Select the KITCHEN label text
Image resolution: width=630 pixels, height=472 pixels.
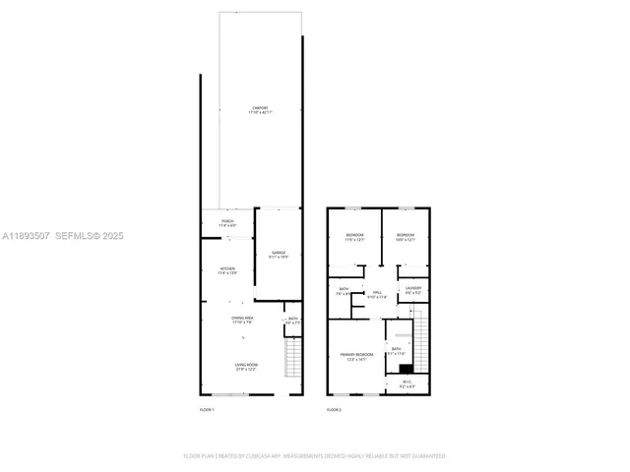[227, 269]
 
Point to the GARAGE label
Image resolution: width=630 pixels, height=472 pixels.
[279, 255]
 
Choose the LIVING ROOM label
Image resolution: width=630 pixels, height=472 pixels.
[245, 368]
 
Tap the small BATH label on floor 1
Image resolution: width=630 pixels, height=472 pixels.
[292, 320]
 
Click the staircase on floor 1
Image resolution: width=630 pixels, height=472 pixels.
[292, 359]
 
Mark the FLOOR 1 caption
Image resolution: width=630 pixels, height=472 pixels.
[207, 409]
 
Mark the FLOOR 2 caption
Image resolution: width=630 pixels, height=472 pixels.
[334, 409]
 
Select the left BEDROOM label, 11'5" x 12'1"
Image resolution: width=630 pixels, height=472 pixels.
[354, 237]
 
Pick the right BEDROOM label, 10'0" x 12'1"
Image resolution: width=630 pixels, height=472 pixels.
[406, 237]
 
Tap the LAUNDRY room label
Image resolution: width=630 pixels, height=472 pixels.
[413, 291]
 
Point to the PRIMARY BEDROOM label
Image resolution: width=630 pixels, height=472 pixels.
[354, 357]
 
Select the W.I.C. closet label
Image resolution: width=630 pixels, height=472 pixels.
[407, 384]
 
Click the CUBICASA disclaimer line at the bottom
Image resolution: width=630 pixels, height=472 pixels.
[314, 456]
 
